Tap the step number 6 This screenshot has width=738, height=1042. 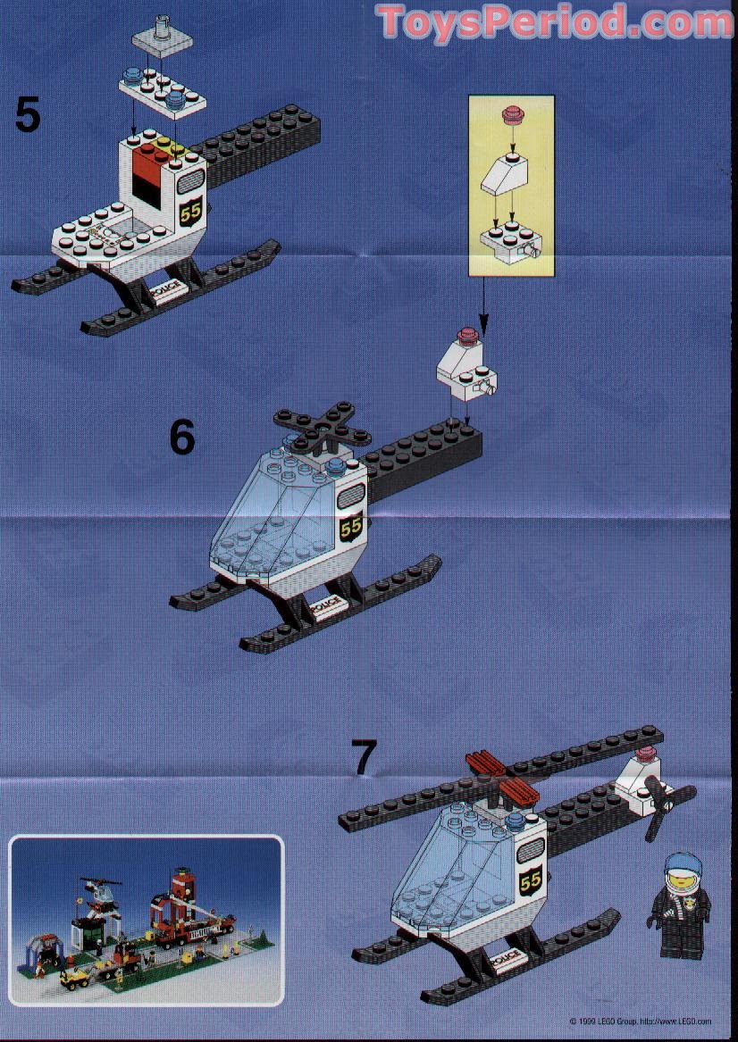click(182, 437)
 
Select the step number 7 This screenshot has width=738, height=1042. click(364, 757)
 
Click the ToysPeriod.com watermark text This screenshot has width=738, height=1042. click(555, 21)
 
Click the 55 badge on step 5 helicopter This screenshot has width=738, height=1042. click(189, 212)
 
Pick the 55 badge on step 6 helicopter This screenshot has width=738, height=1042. click(351, 527)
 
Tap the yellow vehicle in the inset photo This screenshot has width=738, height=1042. click(75, 975)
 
